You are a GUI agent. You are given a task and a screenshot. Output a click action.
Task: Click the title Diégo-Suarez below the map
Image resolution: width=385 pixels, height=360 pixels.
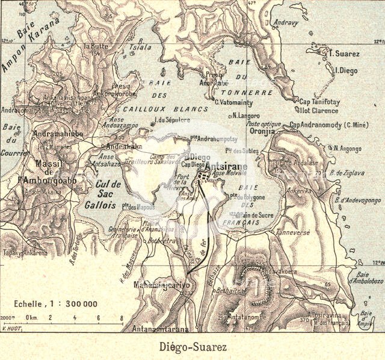click(x=193, y=347)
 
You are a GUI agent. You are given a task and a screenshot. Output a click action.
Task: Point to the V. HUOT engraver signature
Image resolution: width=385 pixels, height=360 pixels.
click(x=12, y=328)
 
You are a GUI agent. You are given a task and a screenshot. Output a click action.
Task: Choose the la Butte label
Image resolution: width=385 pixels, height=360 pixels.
click(x=95, y=46)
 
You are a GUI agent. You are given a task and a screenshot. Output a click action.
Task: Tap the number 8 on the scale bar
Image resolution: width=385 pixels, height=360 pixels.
click(x=121, y=318)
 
